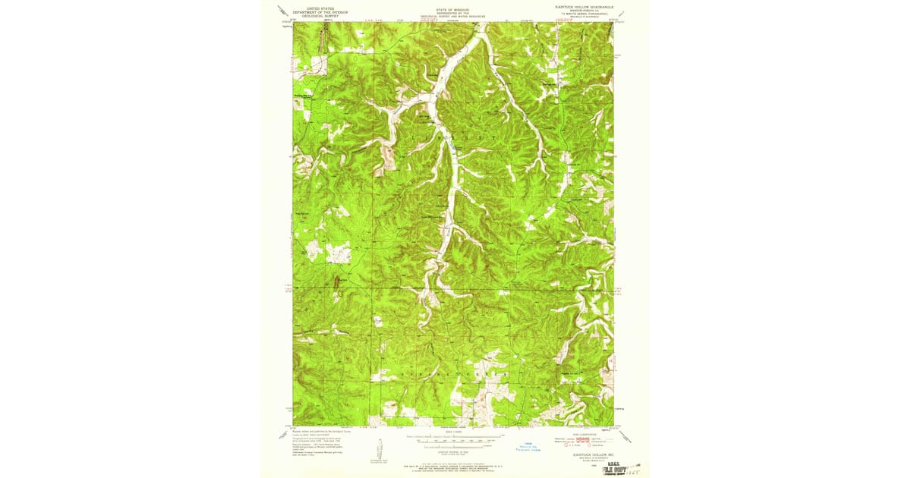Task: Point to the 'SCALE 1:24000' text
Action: pos(452,434)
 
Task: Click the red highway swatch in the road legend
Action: pos(582,439)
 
